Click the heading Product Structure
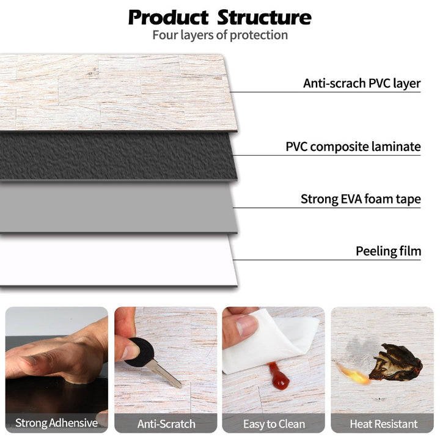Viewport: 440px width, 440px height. [219, 16]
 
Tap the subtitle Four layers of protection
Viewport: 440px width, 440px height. [220, 35]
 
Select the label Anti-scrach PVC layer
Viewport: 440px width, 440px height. [362, 83]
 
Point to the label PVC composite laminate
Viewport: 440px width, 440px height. [353, 147]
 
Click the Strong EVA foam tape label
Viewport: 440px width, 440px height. [361, 199]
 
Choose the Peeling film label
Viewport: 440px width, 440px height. [388, 251]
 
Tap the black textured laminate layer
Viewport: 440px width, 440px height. [116, 156]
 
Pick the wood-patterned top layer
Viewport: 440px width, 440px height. [116, 92]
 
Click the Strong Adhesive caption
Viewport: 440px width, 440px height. [56, 423]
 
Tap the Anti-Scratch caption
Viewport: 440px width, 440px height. [166, 423]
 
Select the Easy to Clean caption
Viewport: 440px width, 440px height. [274, 423]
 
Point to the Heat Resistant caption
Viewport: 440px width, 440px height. [383, 423]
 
